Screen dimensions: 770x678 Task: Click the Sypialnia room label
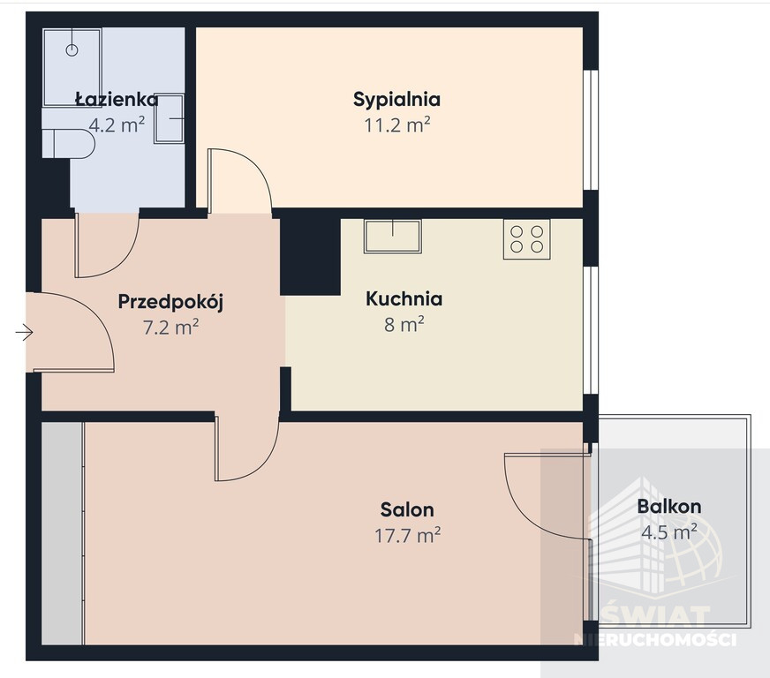click(396, 100)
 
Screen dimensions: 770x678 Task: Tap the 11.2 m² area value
click(396, 125)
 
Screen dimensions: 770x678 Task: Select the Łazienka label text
click(117, 99)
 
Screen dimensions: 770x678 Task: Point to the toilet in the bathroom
click(68, 143)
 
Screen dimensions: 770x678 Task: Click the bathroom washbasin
click(170, 118)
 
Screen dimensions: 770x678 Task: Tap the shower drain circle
click(72, 49)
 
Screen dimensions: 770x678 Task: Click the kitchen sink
click(392, 236)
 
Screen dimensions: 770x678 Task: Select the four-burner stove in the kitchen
click(526, 238)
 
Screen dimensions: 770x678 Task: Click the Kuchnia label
click(404, 298)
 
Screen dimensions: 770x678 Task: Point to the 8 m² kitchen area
click(404, 324)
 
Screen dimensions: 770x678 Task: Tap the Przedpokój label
click(170, 302)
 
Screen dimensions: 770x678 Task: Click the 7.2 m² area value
click(171, 327)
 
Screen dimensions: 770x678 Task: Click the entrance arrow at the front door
click(24, 333)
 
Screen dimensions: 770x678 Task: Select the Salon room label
click(407, 510)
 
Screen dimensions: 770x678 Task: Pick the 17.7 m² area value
click(407, 535)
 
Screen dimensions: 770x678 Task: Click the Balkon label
click(668, 507)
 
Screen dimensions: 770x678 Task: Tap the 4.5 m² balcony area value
click(668, 531)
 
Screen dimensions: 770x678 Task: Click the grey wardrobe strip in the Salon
click(63, 533)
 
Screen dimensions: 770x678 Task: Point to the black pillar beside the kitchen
click(310, 257)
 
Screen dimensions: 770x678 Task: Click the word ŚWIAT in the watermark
click(656, 617)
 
